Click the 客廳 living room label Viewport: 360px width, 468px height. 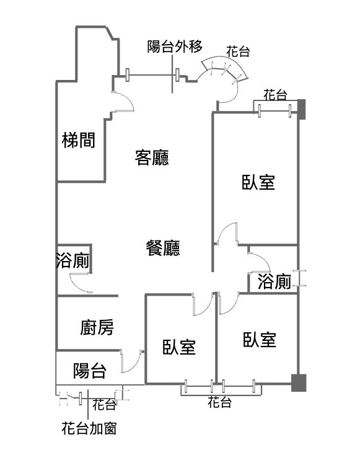(152, 157)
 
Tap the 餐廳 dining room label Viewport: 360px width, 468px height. (163, 248)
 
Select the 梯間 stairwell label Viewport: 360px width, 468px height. (79, 140)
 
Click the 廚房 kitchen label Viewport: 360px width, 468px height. (97, 327)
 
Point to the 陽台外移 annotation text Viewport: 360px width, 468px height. (175, 46)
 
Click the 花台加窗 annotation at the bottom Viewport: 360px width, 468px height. (89, 428)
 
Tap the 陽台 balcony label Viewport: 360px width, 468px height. (90, 371)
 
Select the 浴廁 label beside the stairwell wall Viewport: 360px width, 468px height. (72, 260)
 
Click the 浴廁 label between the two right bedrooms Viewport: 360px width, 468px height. (274, 281)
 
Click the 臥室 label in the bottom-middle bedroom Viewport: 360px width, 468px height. (179, 347)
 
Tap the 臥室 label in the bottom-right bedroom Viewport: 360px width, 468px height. (260, 339)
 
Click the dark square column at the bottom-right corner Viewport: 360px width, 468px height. (299, 382)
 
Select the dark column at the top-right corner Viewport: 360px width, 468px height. (302, 109)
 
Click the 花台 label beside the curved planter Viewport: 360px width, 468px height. (238, 51)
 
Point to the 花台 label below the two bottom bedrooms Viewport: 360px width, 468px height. (219, 402)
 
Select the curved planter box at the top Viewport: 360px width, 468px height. (224, 67)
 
